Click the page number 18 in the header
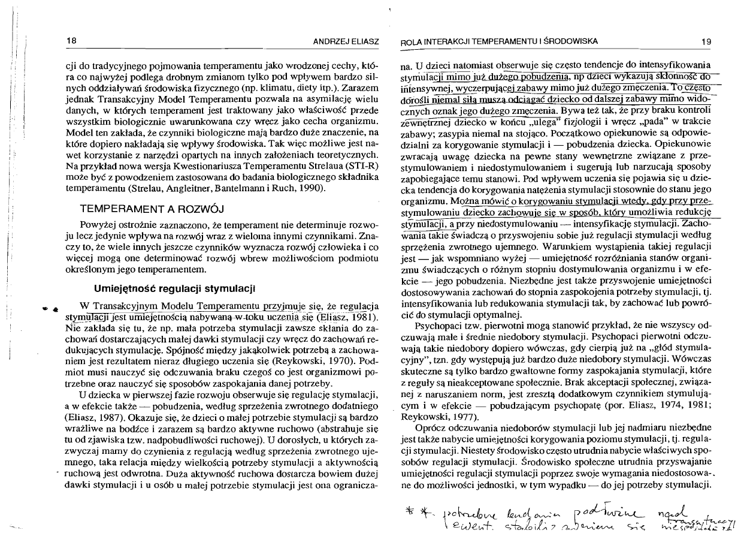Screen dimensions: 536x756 point(71,41)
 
